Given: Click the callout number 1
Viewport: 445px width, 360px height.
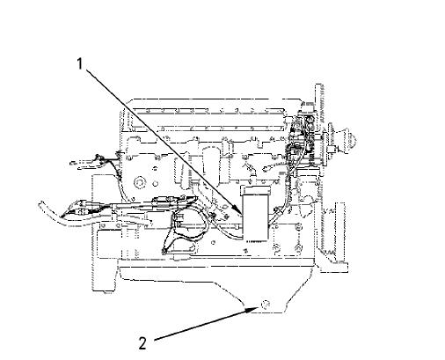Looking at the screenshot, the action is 80,63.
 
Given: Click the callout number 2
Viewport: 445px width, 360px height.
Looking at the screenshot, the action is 142,343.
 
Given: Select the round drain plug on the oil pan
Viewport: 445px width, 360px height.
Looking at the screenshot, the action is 266,305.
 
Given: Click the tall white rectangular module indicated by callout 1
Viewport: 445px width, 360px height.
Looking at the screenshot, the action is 255,217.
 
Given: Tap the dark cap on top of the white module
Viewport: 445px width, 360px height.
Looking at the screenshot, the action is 255,190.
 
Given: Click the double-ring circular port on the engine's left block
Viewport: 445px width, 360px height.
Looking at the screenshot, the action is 139,182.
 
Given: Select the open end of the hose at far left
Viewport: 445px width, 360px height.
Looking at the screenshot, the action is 41,204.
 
